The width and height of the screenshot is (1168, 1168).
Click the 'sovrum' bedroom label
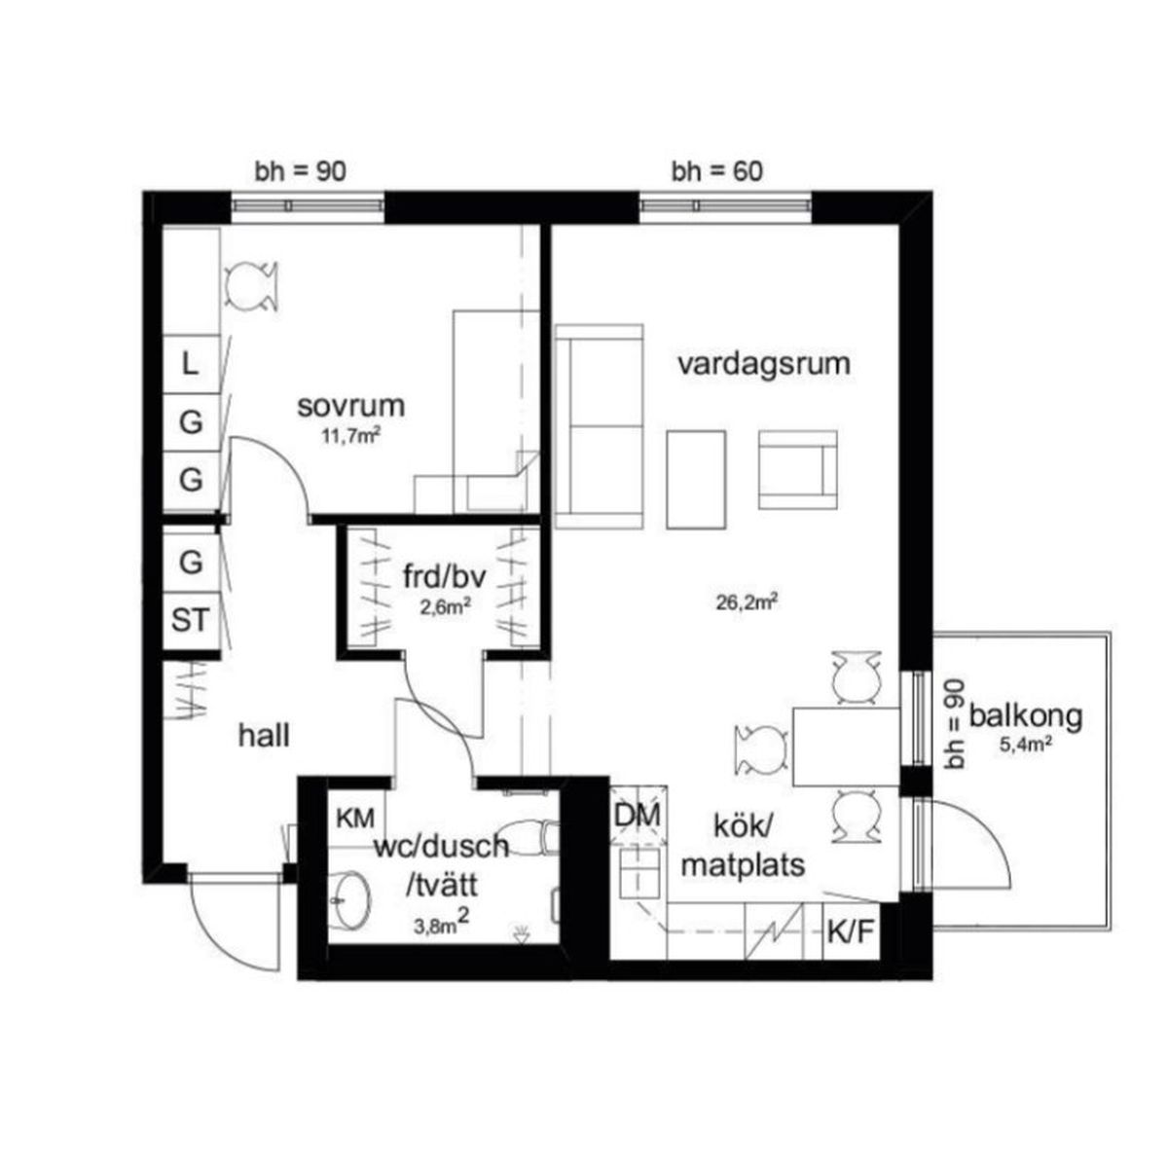350,406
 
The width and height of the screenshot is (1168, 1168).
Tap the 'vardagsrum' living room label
764,364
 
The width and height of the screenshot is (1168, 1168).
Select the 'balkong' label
1026,716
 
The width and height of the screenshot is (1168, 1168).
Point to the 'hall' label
264,736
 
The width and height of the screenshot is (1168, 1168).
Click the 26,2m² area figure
747,602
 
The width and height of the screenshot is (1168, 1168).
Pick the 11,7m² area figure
351,435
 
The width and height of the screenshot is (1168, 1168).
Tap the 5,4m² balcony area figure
1026,745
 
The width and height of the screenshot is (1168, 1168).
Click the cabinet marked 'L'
191,364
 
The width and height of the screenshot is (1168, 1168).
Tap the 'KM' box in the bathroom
356,819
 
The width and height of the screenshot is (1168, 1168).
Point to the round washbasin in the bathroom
350,901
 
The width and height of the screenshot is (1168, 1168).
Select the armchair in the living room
798,470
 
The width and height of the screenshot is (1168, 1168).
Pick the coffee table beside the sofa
696,479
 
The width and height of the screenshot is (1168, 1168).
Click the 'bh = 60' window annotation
717,171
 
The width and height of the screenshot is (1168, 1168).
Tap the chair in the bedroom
251,287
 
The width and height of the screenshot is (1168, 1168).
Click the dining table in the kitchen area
846,747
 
